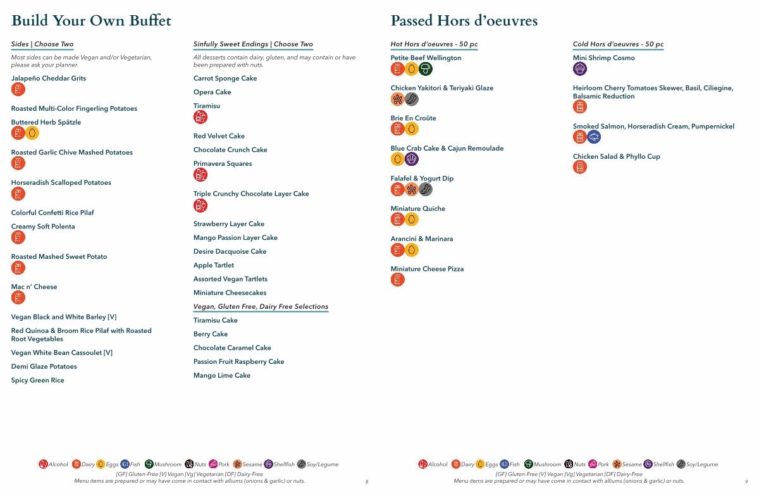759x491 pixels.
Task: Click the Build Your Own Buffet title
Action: click(x=91, y=21)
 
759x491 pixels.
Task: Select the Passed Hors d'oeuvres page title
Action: click(x=464, y=21)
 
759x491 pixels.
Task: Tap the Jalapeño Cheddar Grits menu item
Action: click(x=49, y=78)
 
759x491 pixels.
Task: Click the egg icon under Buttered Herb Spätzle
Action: click(x=32, y=133)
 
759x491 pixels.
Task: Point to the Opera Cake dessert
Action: click(x=213, y=92)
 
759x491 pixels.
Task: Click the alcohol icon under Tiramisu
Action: click(x=200, y=117)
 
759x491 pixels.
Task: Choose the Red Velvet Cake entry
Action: click(x=219, y=136)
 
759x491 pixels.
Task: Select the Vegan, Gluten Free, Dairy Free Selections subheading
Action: click(x=261, y=307)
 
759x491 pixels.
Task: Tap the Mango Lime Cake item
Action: click(x=222, y=376)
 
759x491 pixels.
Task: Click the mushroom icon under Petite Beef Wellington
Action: click(x=426, y=69)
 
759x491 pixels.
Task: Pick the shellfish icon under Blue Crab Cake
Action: click(x=412, y=159)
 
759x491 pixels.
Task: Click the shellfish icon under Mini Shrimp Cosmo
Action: click(x=580, y=69)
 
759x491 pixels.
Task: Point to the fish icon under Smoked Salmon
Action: click(x=594, y=137)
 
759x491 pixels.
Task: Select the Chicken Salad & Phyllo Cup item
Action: click(x=616, y=157)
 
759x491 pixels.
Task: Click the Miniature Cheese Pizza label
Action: click(x=427, y=270)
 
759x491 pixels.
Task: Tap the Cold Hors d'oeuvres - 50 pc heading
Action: click(x=618, y=44)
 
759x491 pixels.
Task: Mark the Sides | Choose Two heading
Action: click(x=42, y=44)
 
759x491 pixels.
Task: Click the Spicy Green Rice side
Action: click(x=37, y=381)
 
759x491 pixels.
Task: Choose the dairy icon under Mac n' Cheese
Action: click(x=18, y=298)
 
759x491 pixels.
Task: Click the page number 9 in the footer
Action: click(x=746, y=482)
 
